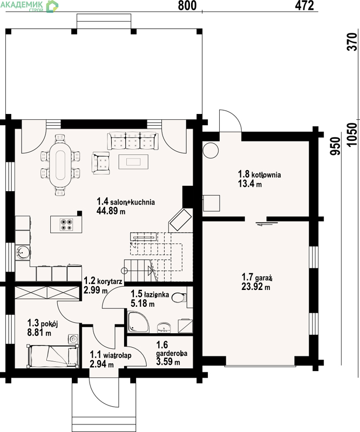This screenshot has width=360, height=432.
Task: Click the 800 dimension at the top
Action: (x=187, y=5)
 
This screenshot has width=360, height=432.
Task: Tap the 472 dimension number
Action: (x=304, y=5)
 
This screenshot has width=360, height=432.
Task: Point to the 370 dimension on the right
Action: (x=352, y=42)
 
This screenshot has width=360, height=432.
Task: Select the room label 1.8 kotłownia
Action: (x=260, y=174)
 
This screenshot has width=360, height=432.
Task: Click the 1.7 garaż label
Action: (x=257, y=277)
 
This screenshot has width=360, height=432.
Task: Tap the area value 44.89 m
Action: (x=111, y=211)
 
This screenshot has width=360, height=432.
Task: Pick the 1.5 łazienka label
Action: (x=150, y=294)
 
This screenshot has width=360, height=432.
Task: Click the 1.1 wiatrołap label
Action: (x=111, y=355)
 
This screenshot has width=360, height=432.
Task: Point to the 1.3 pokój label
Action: (x=43, y=323)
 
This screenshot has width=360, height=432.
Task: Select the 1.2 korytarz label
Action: (x=103, y=281)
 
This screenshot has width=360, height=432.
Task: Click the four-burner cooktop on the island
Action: (x=66, y=224)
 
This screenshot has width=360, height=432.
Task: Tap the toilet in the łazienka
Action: (x=179, y=298)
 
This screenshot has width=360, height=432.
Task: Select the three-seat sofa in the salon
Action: (x=133, y=141)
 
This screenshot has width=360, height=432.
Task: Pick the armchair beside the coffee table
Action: (x=100, y=163)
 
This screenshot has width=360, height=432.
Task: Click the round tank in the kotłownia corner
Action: (x=210, y=151)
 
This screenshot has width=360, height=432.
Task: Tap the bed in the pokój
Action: (x=52, y=356)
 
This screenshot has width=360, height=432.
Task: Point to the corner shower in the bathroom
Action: (x=139, y=322)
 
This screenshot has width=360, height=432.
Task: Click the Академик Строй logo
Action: (x=30, y=6)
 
